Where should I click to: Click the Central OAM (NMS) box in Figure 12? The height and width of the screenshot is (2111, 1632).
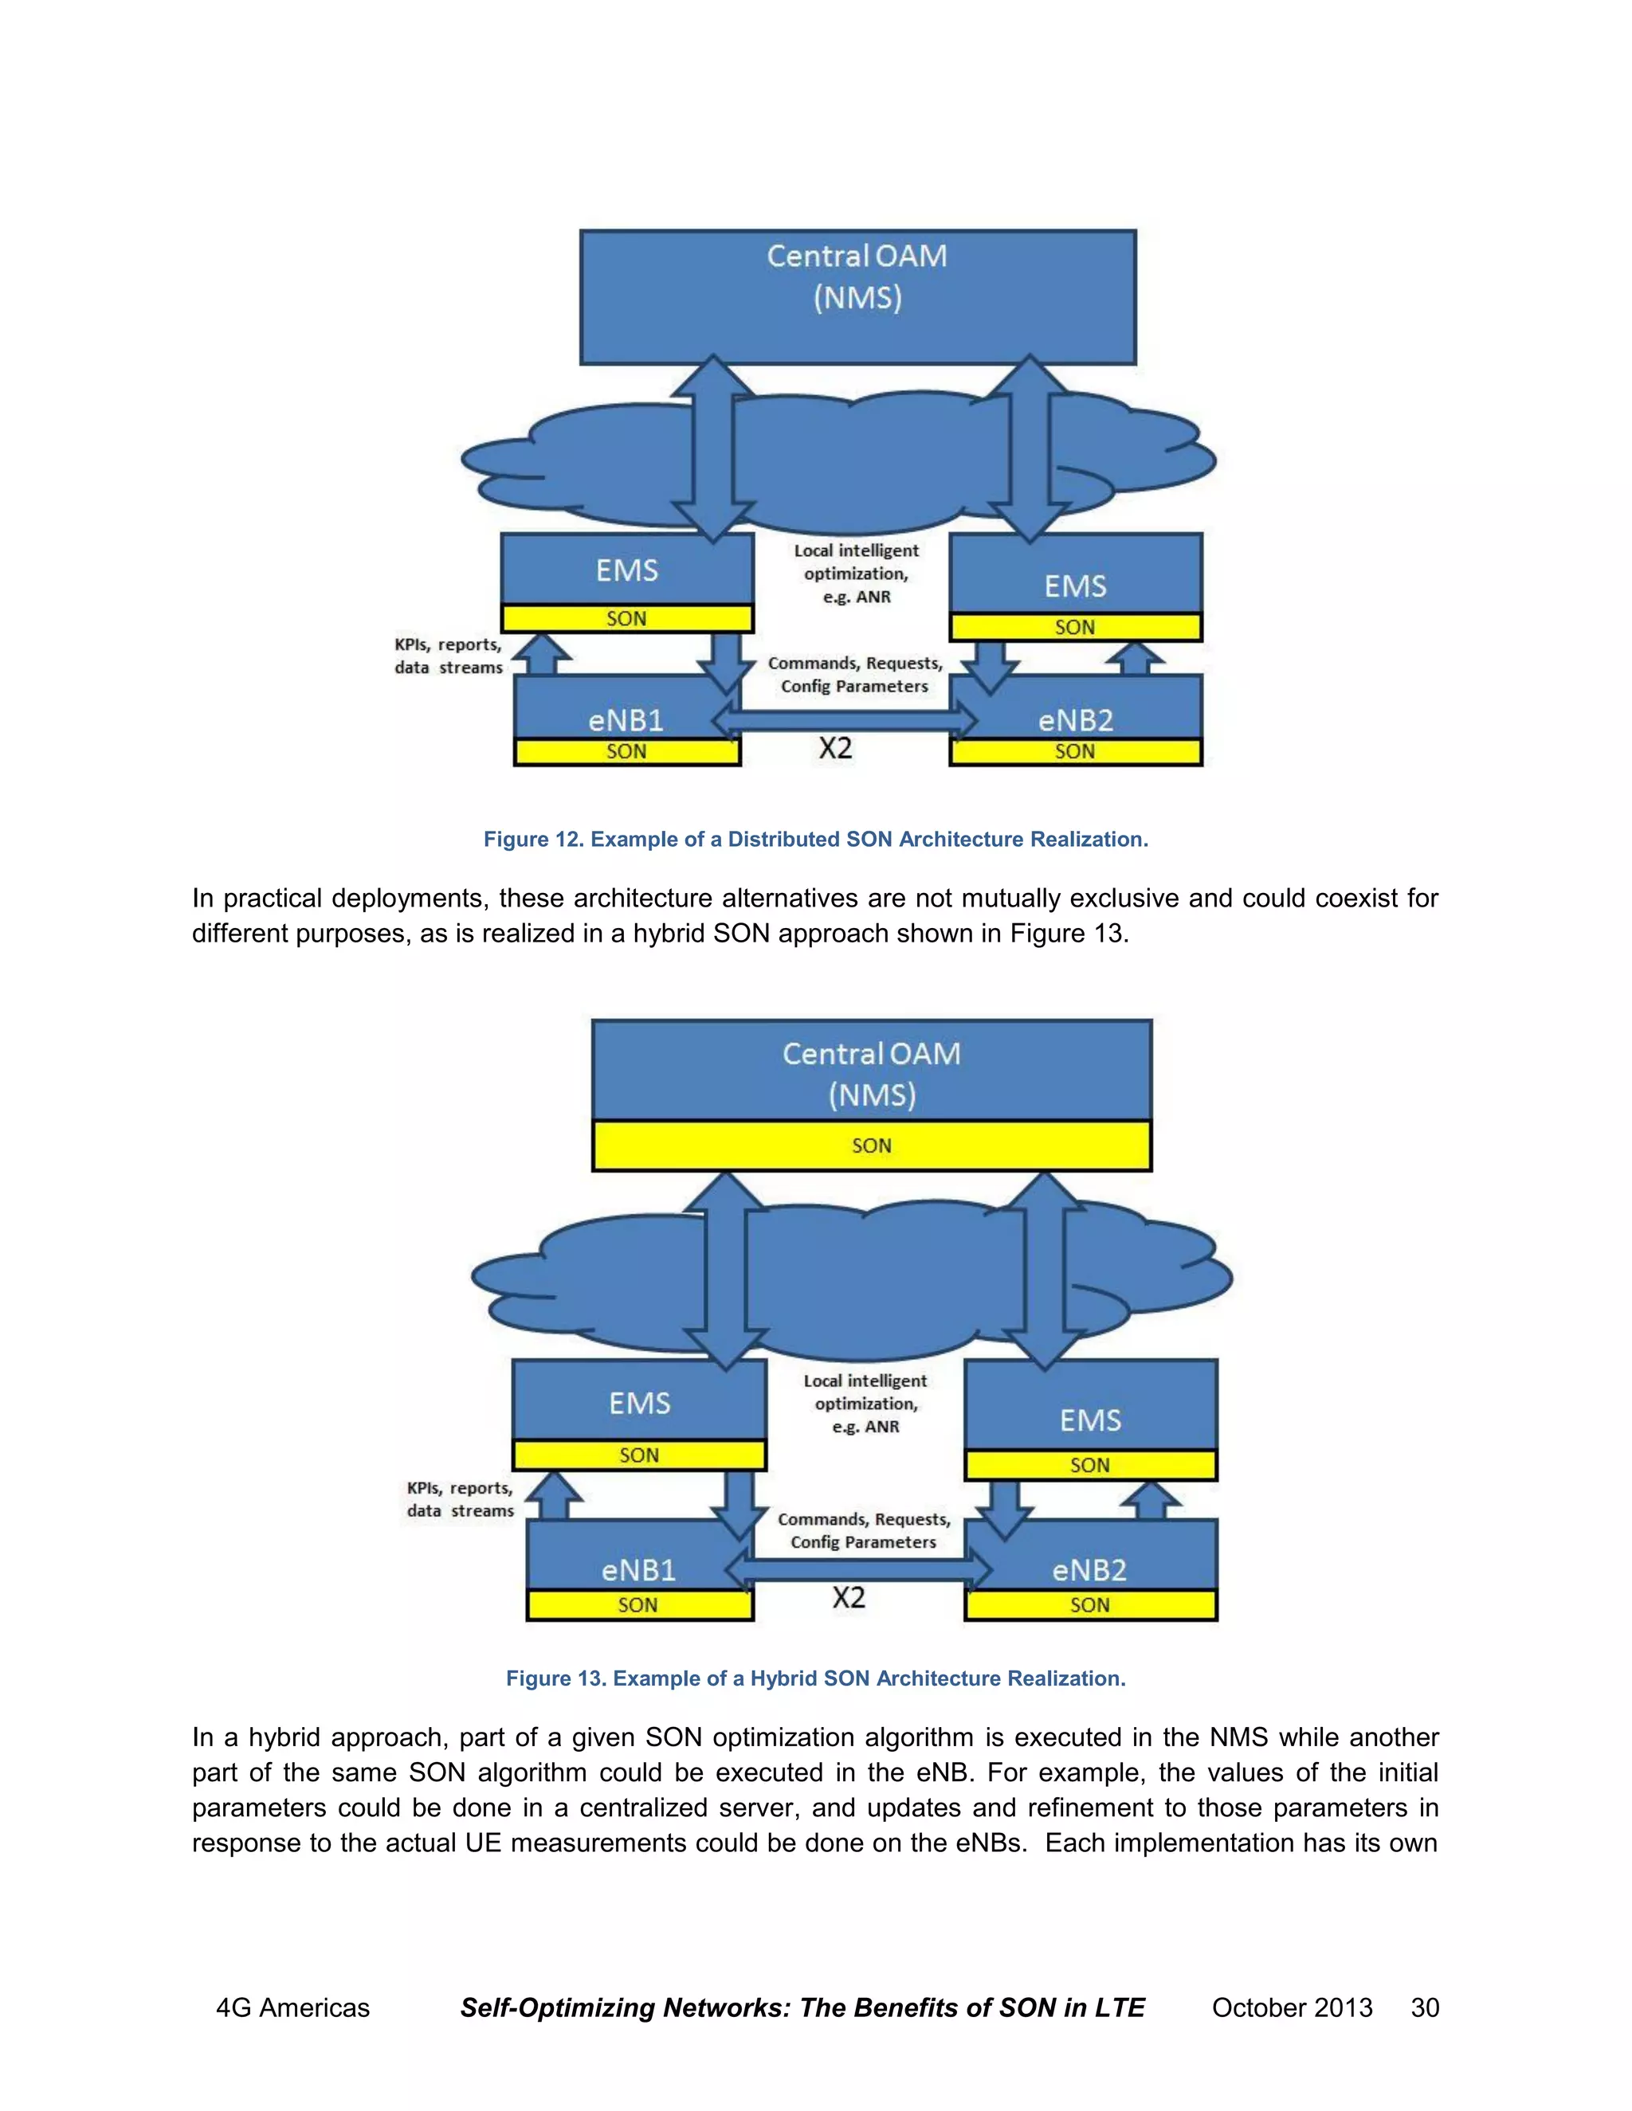pyautogui.click(x=857, y=296)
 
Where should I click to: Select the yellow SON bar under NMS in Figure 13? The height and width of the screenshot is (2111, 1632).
pyautogui.click(x=871, y=1146)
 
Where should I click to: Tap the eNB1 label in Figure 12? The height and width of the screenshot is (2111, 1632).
pyautogui.click(x=626, y=720)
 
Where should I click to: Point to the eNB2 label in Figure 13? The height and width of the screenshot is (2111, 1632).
pyautogui.click(x=1089, y=1570)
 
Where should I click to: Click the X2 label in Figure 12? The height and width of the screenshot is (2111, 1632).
pyautogui.click(x=835, y=748)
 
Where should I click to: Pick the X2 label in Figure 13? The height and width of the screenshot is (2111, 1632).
pyautogui.click(x=849, y=1598)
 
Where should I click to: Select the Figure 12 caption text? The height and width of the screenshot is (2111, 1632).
pyautogui.click(x=815, y=839)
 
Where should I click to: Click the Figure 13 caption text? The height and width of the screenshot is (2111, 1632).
pyautogui.click(x=815, y=1678)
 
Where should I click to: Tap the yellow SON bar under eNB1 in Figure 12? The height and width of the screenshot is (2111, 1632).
pyautogui.click(x=626, y=752)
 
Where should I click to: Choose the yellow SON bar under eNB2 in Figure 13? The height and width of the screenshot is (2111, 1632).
pyautogui.click(x=1089, y=1605)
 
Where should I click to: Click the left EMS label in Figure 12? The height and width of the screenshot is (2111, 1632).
pyautogui.click(x=626, y=570)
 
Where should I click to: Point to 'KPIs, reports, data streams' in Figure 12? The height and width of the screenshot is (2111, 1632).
pyautogui.click(x=449, y=656)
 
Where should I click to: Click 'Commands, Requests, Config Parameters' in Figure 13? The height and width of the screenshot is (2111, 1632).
pyautogui.click(x=863, y=1531)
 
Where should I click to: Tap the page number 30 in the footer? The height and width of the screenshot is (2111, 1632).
pyautogui.click(x=1424, y=2007)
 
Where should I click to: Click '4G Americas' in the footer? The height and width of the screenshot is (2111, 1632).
pyautogui.click(x=292, y=2007)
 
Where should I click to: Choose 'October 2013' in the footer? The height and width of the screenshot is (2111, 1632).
pyautogui.click(x=1292, y=2007)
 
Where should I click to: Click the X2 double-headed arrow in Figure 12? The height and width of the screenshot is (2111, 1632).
pyautogui.click(x=843, y=721)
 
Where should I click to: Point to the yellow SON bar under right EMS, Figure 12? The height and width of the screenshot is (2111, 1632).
pyautogui.click(x=1075, y=627)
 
